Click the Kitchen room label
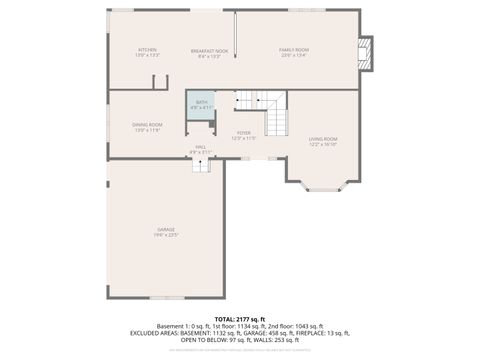tap(147, 49)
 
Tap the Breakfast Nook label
tap(210, 49)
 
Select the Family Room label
tap(293, 49)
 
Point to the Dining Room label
tap(147, 124)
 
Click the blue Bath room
tap(201, 105)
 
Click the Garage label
tap(165, 229)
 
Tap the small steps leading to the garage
tap(201, 164)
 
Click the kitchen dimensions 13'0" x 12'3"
tap(147, 55)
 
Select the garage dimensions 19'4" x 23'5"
tap(165, 235)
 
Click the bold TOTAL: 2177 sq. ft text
tap(240, 317)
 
